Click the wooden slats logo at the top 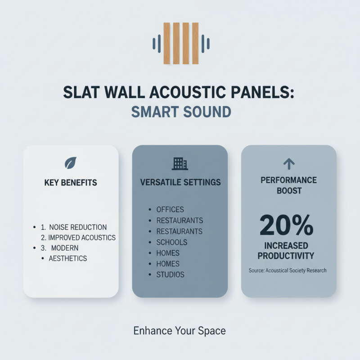[x=181, y=43]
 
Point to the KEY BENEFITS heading [x=71, y=183]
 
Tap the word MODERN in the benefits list [x=64, y=248]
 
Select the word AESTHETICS [x=68, y=258]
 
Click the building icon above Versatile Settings [x=180, y=163]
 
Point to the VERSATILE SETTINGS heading [x=180, y=183]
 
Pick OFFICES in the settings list [x=170, y=210]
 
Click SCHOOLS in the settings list [x=171, y=242]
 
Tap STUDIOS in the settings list [x=170, y=274]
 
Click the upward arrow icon [x=288, y=163]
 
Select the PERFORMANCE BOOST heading [x=288, y=185]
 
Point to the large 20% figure [x=286, y=225]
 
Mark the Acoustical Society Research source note [x=288, y=270]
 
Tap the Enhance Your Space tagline [x=180, y=331]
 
